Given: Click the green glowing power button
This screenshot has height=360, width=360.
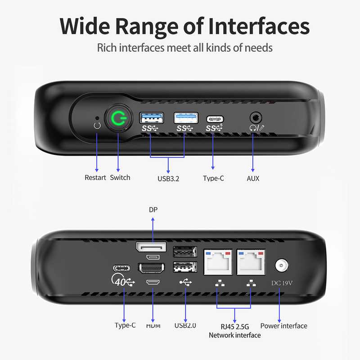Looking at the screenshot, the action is pyautogui.click(x=119, y=118).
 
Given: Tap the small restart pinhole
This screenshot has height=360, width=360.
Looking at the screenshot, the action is pyautogui.click(x=97, y=118).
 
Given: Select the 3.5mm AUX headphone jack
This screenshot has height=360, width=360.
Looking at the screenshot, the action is pyautogui.click(x=256, y=118).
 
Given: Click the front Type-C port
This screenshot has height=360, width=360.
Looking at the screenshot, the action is pyautogui.click(x=215, y=119).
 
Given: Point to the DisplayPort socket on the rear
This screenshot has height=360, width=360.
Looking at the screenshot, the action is pyautogui.click(x=151, y=247).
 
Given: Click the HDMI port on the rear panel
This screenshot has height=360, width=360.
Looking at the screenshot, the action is pyautogui.click(x=152, y=268).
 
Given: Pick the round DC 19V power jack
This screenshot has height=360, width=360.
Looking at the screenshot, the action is pyautogui.click(x=282, y=265).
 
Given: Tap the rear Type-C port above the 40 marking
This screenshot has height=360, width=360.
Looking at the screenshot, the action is pyautogui.click(x=121, y=268).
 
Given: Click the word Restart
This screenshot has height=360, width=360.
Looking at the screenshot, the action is pyautogui.click(x=95, y=177).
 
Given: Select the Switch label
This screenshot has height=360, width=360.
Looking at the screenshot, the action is pyautogui.click(x=120, y=177).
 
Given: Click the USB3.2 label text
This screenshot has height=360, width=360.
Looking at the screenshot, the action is pyautogui.click(x=168, y=179).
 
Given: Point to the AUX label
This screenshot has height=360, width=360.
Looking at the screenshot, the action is pyautogui.click(x=253, y=178).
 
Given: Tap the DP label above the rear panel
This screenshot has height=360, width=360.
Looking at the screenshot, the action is pyautogui.click(x=153, y=210).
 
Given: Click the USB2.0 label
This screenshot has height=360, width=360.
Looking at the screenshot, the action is pyautogui.click(x=185, y=325).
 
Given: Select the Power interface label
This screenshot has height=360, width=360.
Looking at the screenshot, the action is pyautogui.click(x=284, y=326).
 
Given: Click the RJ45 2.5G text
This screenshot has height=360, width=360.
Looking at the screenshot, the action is pyautogui.click(x=234, y=327).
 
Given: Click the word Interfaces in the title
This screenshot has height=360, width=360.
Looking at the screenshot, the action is pyautogui.click(x=259, y=26).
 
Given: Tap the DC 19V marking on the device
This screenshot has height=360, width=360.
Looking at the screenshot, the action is pyautogui.click(x=282, y=283).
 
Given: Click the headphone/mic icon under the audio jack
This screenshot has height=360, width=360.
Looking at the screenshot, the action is pyautogui.click(x=257, y=128).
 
